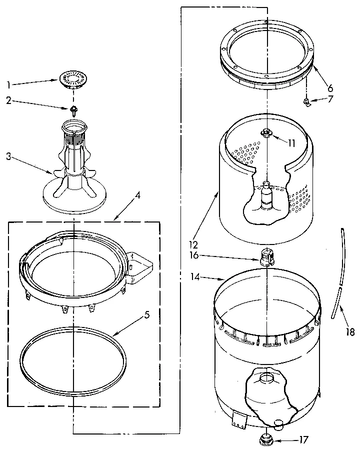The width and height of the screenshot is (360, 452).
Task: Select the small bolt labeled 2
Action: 73,108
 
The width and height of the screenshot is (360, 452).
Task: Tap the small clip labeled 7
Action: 305,102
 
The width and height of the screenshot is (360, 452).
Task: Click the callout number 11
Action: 291,143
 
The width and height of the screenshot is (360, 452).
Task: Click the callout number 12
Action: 193,245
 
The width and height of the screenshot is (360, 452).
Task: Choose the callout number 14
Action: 195,275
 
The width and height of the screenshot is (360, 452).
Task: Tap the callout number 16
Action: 194,255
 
